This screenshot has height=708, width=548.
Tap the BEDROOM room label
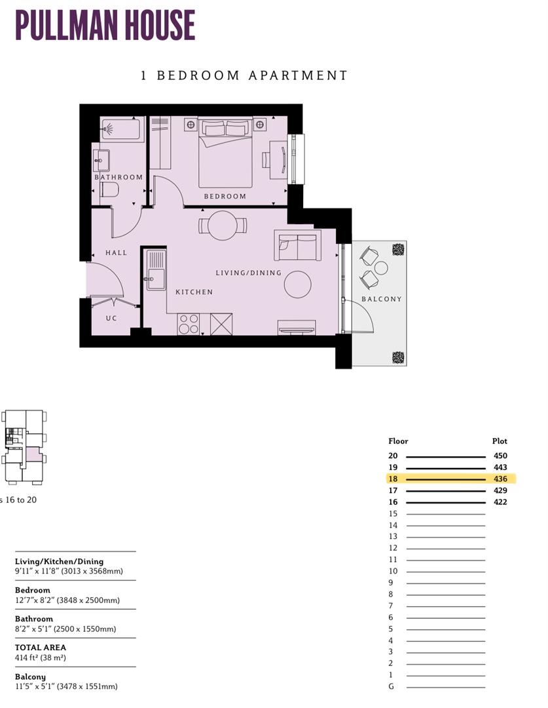(x=225, y=196)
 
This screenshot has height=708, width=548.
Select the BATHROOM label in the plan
(x=119, y=177)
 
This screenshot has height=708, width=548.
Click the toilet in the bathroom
(x=109, y=190)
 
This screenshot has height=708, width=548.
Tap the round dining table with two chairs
(x=222, y=226)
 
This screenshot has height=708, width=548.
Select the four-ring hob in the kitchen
(x=189, y=324)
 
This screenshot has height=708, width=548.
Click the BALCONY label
(x=382, y=299)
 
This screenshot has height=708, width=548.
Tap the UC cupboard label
(x=112, y=319)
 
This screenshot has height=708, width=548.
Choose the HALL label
(x=116, y=252)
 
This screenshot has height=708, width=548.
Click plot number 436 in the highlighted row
(x=500, y=479)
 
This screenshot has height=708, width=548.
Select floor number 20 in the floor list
(x=393, y=456)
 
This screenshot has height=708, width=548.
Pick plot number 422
(x=500, y=502)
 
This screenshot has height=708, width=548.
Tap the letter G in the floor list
(x=391, y=686)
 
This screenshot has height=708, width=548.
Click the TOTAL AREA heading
(x=41, y=647)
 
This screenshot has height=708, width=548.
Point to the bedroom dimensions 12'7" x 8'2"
(x=67, y=600)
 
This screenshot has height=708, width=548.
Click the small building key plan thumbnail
(x=24, y=448)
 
